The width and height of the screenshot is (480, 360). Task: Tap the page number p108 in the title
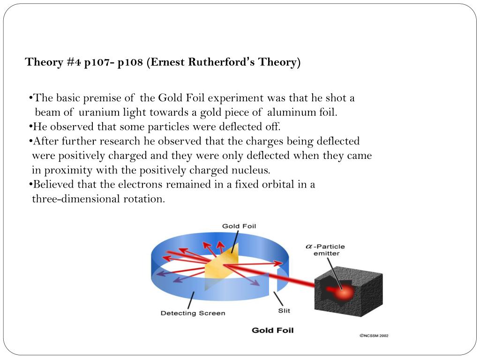[130, 62]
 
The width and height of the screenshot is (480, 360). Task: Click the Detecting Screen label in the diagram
[193, 313]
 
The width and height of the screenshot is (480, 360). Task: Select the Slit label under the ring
[284, 311]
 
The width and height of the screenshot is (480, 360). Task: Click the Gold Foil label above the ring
[239, 226]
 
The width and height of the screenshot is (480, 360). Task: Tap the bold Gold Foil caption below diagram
[272, 330]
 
